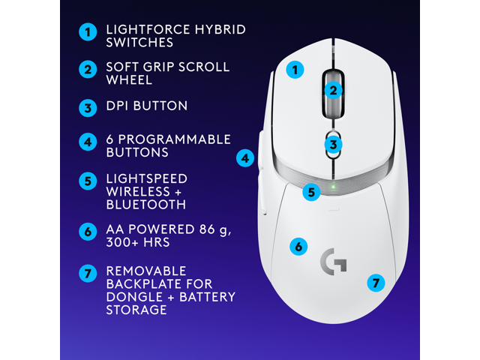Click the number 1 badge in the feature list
click(88, 31)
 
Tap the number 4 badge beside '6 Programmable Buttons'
click(88, 140)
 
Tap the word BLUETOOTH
click(146, 204)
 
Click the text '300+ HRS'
click(137, 243)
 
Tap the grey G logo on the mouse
click(333, 261)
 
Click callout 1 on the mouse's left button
click(295, 70)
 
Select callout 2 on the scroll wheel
click(334, 91)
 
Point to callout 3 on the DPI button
click(334, 144)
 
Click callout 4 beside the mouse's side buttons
click(245, 158)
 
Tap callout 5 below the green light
click(312, 192)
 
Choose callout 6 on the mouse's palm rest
click(298, 246)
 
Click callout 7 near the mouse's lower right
click(376, 283)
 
